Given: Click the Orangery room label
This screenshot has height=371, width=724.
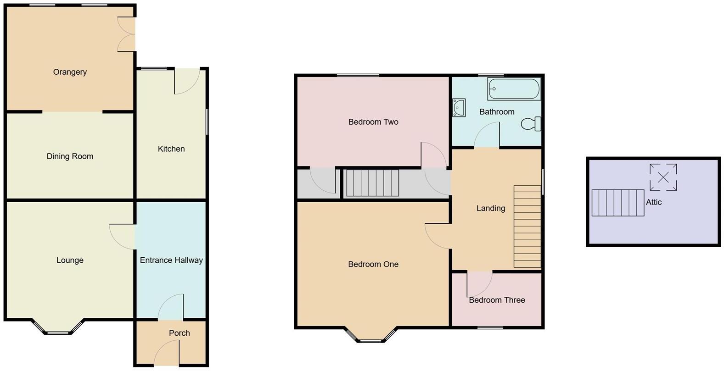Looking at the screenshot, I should tap(70, 72).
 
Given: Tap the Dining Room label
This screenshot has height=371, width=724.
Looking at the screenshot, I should tap(70, 156).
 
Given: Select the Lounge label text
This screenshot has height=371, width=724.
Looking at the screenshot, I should tap(70, 260).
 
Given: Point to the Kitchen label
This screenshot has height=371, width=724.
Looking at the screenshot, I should tap(171, 149).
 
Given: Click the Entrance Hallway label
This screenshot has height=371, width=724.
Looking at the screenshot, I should tap(171, 260).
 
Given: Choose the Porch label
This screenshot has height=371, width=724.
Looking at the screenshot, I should tap(179, 333).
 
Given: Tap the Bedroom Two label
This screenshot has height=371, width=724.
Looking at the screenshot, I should tap(373, 122).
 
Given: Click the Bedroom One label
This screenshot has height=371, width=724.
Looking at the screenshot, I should tap(373, 264).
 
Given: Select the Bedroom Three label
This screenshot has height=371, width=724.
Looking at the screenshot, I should tap(497, 300).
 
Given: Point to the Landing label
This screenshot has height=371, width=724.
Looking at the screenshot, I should tap(490, 208).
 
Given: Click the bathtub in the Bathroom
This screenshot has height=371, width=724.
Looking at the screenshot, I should tap(514, 89).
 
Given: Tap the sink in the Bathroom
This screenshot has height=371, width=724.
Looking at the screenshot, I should tap(459, 108).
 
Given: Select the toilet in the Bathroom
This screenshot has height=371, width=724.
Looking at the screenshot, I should tap(532, 124).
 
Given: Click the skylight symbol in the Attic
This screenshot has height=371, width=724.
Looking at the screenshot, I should tap(663, 177).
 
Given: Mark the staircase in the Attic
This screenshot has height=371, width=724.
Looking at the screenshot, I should tap(617, 203).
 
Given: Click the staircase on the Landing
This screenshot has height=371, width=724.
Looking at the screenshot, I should tap(527, 227).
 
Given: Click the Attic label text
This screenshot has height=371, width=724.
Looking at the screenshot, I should tap(654, 202).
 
